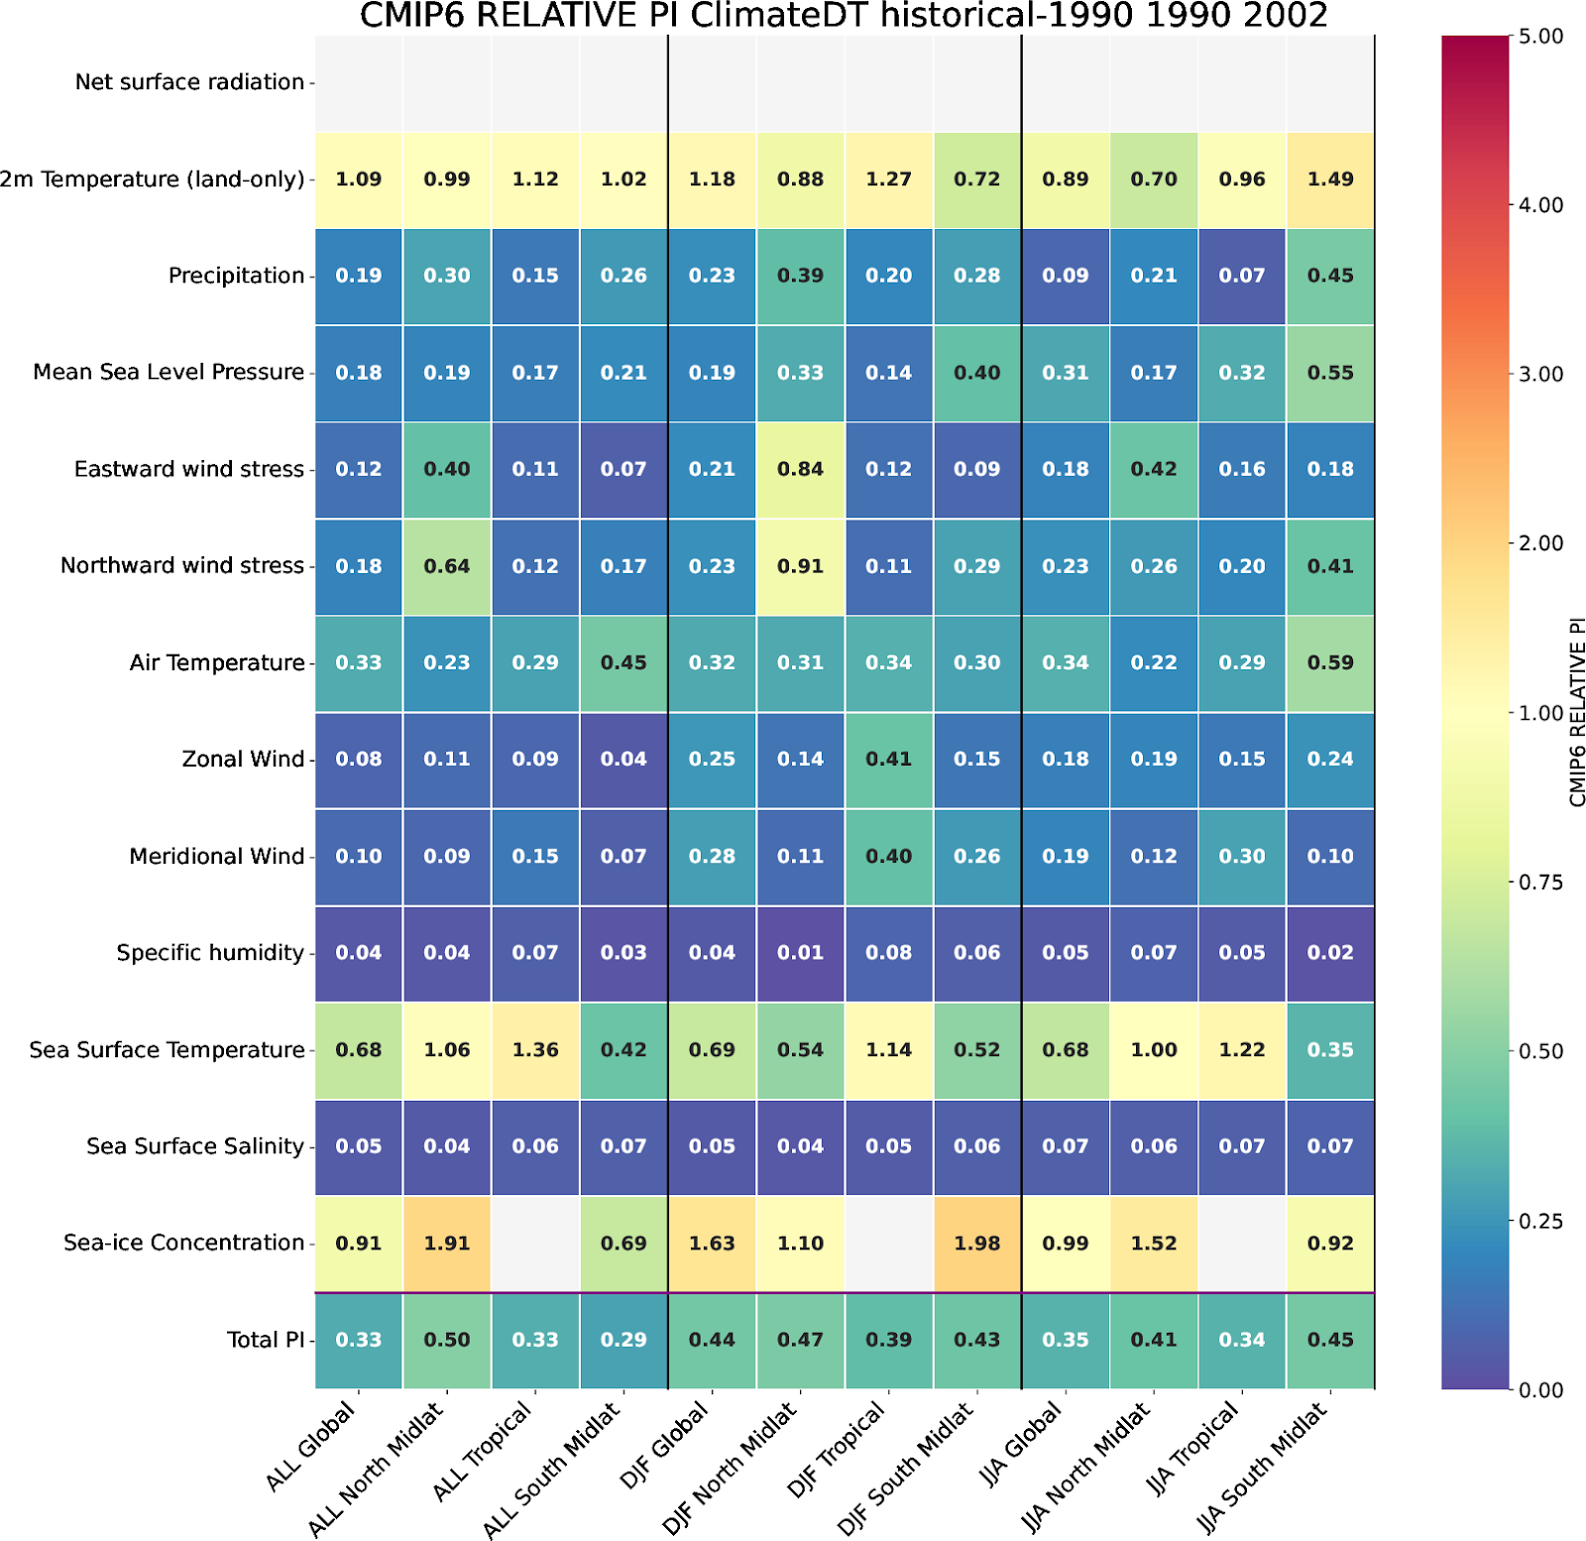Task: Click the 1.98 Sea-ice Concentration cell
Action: (976, 1244)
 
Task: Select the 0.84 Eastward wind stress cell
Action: (800, 469)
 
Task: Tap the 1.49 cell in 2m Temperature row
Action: (1330, 179)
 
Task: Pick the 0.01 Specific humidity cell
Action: (800, 953)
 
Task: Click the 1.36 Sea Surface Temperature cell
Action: (535, 1050)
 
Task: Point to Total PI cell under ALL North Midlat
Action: (447, 1340)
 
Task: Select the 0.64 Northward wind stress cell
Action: (447, 566)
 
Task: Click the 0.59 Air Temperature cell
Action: (1330, 662)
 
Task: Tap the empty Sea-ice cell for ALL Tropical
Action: (535, 1244)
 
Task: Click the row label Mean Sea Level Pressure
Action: (169, 372)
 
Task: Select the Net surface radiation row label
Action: (189, 82)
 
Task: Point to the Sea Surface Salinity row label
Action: (195, 1146)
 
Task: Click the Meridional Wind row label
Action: (216, 856)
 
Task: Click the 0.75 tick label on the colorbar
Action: (1540, 883)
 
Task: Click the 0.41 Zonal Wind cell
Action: (888, 760)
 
